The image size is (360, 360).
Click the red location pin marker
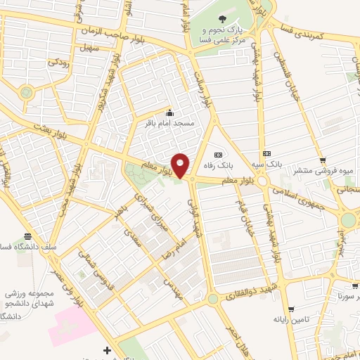coord(181,165)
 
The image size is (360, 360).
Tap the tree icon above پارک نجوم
coord(223,20)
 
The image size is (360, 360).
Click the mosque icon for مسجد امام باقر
coord(169,112)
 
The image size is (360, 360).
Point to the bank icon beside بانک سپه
coord(266,153)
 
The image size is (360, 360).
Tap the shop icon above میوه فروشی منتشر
coord(322,160)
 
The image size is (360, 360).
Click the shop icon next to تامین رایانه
coord(289,308)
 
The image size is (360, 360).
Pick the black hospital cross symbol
coord(107,349)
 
